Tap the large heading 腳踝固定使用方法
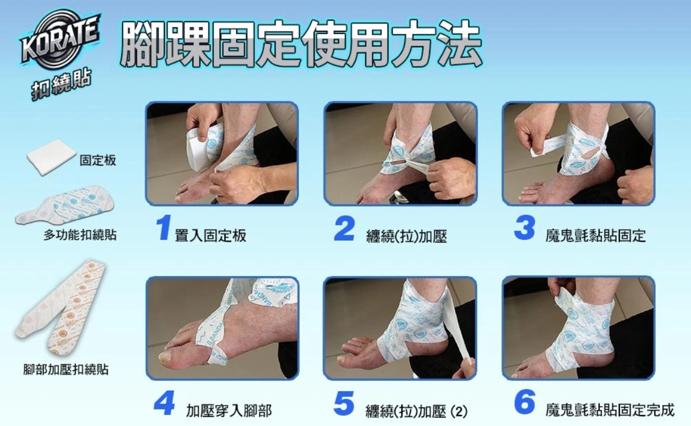tap(301, 44)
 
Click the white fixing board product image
tap(51, 157)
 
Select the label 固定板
tap(98, 160)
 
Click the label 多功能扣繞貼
tap(80, 235)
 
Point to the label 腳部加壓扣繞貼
tap(66, 369)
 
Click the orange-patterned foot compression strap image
tap(60, 309)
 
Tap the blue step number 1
tap(163, 228)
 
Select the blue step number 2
tap(344, 228)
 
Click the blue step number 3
tap(524, 228)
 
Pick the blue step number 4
tap(164, 403)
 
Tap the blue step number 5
tap(344, 403)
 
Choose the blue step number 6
tap(524, 402)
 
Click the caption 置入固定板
tap(211, 236)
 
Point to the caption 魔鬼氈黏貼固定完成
tap(611, 410)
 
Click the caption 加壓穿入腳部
tap(229, 411)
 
